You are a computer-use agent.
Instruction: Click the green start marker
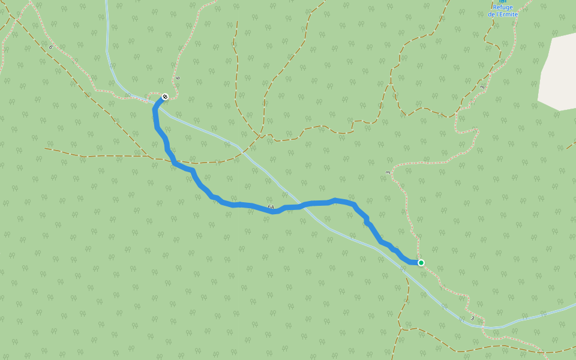[421, 263]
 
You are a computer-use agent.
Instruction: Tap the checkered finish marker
[165, 97]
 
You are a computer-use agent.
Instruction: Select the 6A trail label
[271, 207]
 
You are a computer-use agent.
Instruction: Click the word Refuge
[502, 7]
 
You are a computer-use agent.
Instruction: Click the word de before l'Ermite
[491, 14]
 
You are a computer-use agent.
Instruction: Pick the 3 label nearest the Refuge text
[482, 88]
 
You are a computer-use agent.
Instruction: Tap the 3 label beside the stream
[472, 318]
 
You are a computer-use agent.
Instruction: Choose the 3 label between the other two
[388, 173]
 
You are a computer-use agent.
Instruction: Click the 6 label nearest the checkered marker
[178, 78]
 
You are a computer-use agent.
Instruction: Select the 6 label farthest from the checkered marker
[50, 47]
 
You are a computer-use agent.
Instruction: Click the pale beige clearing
[558, 72]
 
